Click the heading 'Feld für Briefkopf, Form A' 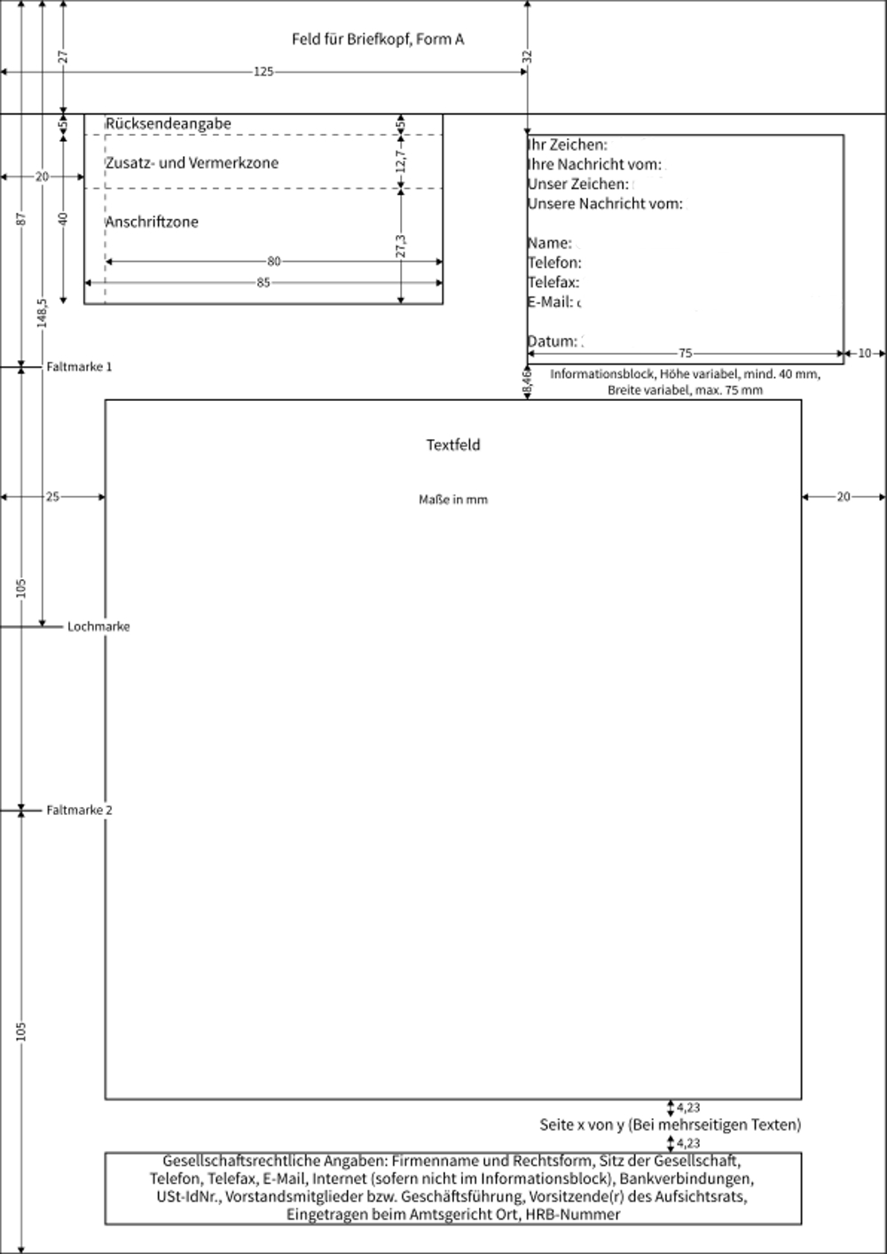pyautogui.click(x=378, y=39)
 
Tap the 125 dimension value pyautogui.click(x=263, y=72)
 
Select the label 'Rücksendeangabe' pyautogui.click(x=168, y=124)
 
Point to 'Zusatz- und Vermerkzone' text pyautogui.click(x=192, y=163)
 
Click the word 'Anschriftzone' pyautogui.click(x=152, y=222)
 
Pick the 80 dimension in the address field pyautogui.click(x=274, y=262)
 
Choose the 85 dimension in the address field pyautogui.click(x=263, y=283)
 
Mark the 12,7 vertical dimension pyautogui.click(x=401, y=161)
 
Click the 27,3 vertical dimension pyautogui.click(x=401, y=247)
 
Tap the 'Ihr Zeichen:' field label pyautogui.click(x=568, y=145)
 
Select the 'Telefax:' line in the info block pyautogui.click(x=553, y=282)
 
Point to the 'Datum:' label pyautogui.click(x=552, y=341)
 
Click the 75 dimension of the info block pyautogui.click(x=685, y=353)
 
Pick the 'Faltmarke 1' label pyautogui.click(x=80, y=366)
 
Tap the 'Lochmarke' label pyautogui.click(x=98, y=626)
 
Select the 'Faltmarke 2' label pyautogui.click(x=80, y=810)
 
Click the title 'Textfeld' pyautogui.click(x=453, y=445)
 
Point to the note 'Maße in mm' pyautogui.click(x=453, y=499)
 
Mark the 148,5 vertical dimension pyautogui.click(x=42, y=312)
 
